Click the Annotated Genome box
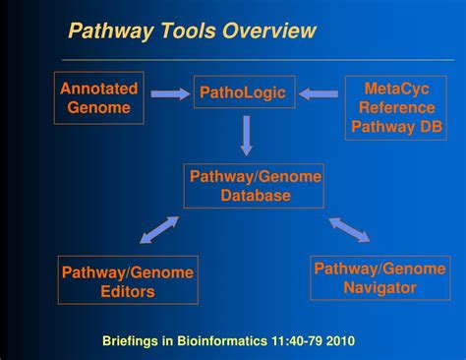tap(99, 97)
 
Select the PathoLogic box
tap(242, 93)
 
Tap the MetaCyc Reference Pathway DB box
tap(395, 107)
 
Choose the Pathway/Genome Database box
tap(254, 186)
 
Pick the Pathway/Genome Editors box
tap(128, 279)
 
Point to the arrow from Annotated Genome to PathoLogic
tap(170, 94)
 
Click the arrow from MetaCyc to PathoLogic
tap(318, 94)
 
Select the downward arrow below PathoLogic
tap(246, 136)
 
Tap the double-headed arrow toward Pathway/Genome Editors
tap(158, 230)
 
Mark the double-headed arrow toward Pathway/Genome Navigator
tap(349, 229)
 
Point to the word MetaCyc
tap(395, 89)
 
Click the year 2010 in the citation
tap(339, 341)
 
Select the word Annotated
tap(99, 89)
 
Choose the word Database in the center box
tap(255, 196)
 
